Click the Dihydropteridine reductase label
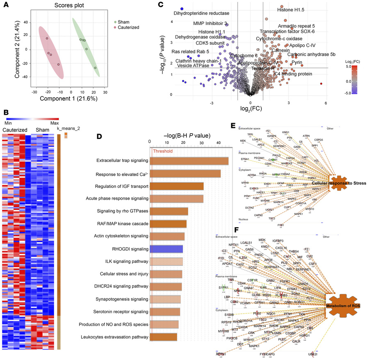tap(198, 14)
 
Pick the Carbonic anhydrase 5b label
tap(311, 54)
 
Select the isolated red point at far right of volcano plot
tap(321, 84)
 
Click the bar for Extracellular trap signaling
tap(189, 161)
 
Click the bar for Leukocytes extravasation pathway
tap(163, 337)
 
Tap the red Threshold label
tap(163, 151)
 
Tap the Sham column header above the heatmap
tap(40, 130)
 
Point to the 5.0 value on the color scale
tap(355, 66)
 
